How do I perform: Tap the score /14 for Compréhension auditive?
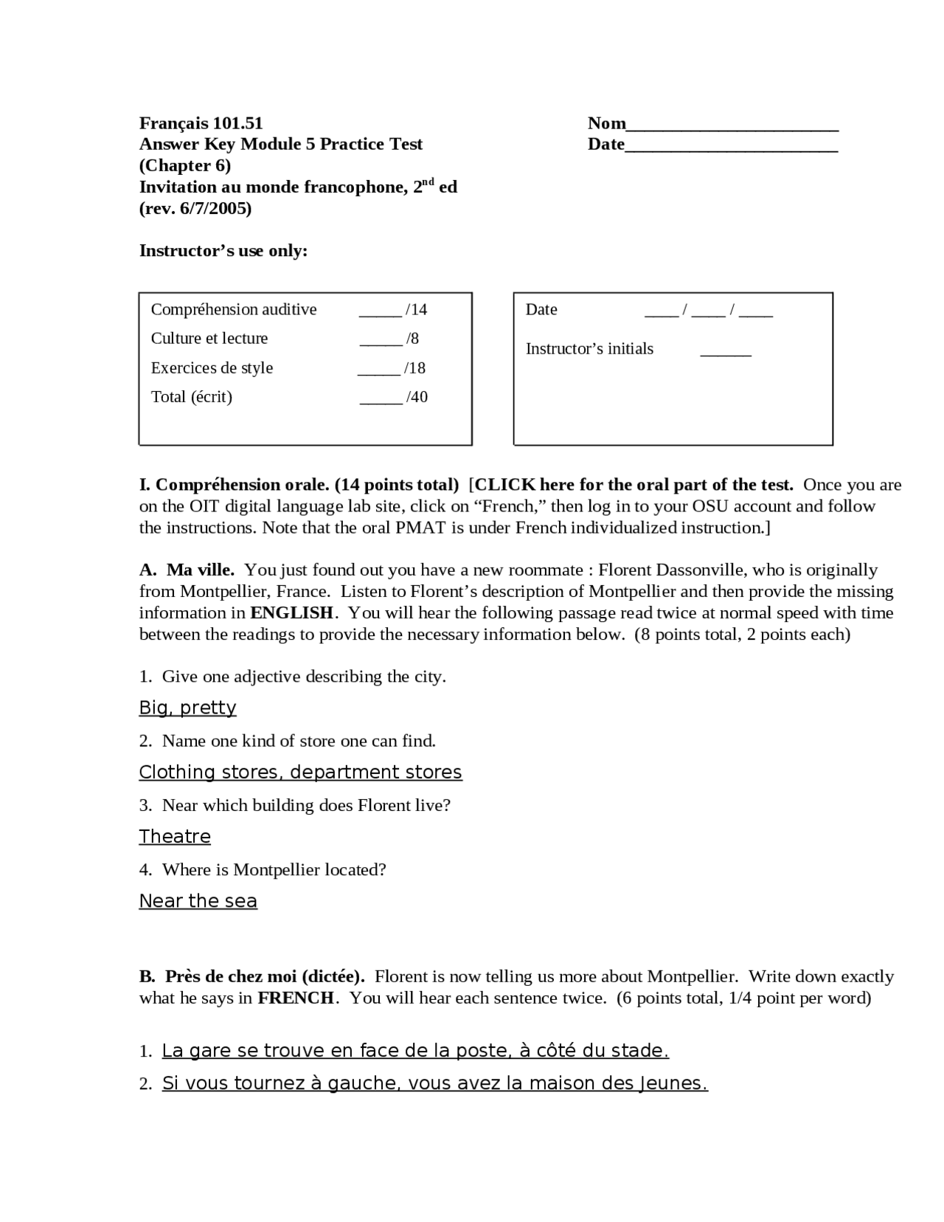pyautogui.click(x=416, y=309)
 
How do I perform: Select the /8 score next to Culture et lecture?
pyautogui.click(x=412, y=339)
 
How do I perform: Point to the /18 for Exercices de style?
pyautogui.click(x=414, y=367)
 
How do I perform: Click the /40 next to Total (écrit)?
pyautogui.click(x=417, y=397)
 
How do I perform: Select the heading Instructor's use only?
pyautogui.click(x=223, y=251)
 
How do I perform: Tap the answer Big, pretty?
pyautogui.click(x=187, y=708)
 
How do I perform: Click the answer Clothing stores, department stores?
pyautogui.click(x=300, y=772)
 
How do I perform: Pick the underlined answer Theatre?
pyautogui.click(x=175, y=836)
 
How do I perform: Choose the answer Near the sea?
pyautogui.click(x=198, y=901)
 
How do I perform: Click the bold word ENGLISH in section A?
pyautogui.click(x=292, y=613)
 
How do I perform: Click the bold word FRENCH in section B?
pyautogui.click(x=296, y=998)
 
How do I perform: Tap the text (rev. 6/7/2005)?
pyautogui.click(x=195, y=209)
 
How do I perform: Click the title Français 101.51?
pyautogui.click(x=201, y=123)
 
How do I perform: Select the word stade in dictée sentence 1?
pyautogui.click(x=641, y=1051)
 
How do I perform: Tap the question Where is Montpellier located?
pyautogui.click(x=274, y=870)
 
